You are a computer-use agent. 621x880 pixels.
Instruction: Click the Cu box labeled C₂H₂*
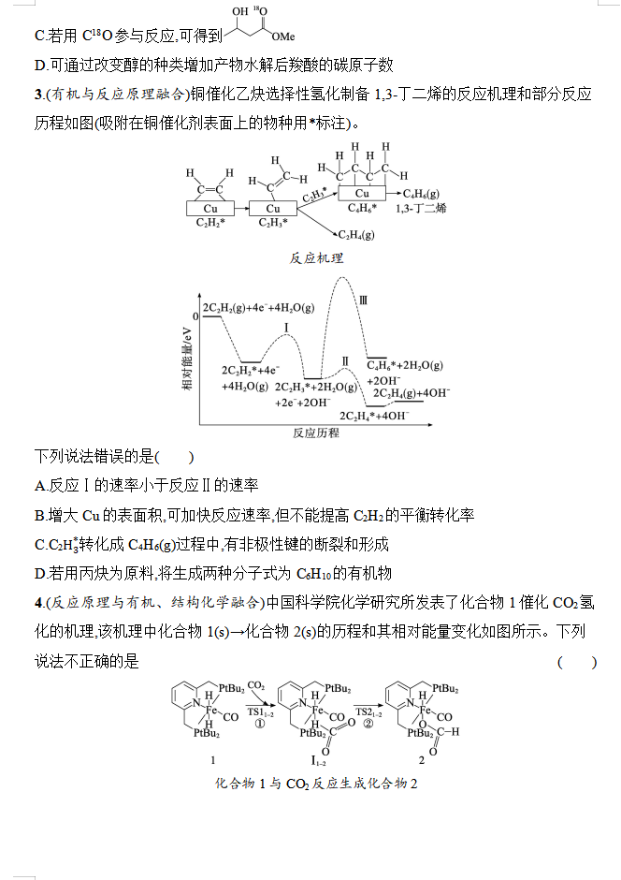(x=210, y=208)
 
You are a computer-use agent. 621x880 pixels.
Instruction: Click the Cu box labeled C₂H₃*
(x=273, y=208)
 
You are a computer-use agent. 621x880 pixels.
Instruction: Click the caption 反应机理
(x=316, y=257)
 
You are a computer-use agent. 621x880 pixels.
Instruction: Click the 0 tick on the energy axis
(x=195, y=316)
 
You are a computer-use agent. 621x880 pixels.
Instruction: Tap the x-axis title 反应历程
(x=316, y=433)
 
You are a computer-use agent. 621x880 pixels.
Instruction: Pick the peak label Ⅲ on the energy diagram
(x=363, y=300)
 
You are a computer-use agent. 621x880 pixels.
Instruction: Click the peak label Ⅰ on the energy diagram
(x=286, y=328)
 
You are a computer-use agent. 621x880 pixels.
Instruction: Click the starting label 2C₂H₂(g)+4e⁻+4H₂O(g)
(x=258, y=307)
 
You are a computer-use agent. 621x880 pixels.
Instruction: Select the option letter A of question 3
(x=40, y=485)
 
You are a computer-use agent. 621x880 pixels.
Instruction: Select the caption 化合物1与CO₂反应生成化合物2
(x=316, y=783)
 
